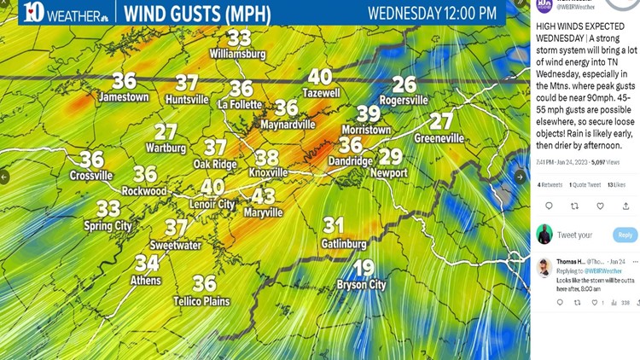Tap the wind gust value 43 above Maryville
pos(263,196)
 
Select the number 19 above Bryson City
pos(364,268)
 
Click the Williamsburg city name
pos(237,54)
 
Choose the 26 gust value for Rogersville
pos(404,84)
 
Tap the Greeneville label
pos(439,137)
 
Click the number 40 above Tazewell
pos(320,78)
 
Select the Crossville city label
pos(91,176)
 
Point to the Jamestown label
pos(124,97)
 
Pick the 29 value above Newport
pos(390,157)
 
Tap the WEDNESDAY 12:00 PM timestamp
pos(432,13)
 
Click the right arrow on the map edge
pos(520,177)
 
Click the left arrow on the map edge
pos(5,177)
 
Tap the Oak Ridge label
pos(214,164)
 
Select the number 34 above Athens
pos(147,264)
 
